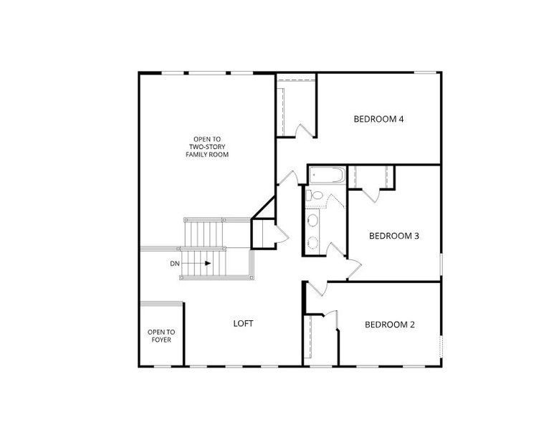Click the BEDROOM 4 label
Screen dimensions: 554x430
tap(378, 119)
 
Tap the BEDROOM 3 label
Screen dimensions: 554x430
tap(394, 236)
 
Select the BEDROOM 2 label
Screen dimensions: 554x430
tap(390, 325)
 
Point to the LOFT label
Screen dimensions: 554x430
tap(243, 323)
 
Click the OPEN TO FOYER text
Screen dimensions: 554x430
tap(161, 336)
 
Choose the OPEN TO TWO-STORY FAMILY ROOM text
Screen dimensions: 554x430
tap(207, 147)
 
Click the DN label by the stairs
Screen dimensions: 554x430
tap(175, 264)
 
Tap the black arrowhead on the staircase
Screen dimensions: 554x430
tap(208, 263)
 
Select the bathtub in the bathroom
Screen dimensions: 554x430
tap(328, 176)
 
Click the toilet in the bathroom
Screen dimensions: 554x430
tap(315, 195)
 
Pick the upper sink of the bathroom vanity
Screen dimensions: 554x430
tap(312, 221)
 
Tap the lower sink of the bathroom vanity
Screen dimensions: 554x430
tap(312, 243)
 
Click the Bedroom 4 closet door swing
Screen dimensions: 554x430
tap(305, 130)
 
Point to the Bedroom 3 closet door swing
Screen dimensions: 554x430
tap(371, 196)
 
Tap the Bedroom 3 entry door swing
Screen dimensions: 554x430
tap(354, 268)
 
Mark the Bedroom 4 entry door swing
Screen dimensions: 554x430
tap(288, 178)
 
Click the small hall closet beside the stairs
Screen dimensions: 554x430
tap(263, 234)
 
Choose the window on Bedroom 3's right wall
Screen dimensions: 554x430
tap(441, 264)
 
